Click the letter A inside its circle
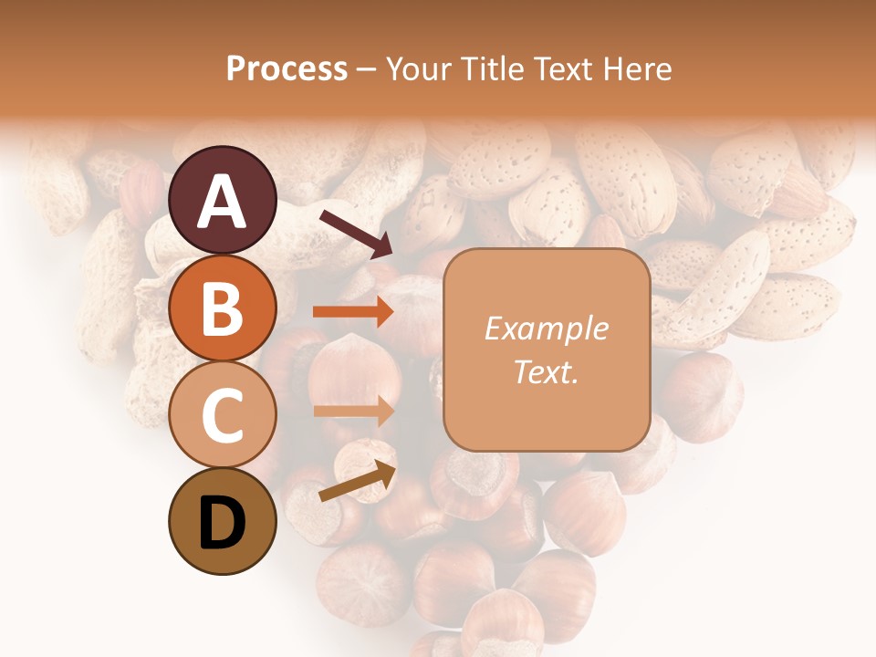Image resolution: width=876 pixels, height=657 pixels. tap(223, 202)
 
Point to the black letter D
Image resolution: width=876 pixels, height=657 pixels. tap(223, 524)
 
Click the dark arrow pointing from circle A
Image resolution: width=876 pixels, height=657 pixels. tap(355, 232)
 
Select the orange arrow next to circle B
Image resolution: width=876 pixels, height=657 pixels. tap(353, 312)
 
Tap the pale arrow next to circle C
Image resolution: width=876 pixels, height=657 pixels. tap(353, 412)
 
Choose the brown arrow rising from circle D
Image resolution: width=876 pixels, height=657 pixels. tap(357, 481)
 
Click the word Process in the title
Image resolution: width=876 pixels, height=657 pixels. tap(287, 68)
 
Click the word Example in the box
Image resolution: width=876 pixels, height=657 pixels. tap(547, 328)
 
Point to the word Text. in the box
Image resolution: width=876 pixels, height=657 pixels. tap(547, 371)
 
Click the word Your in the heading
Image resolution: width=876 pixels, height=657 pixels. tap(417, 68)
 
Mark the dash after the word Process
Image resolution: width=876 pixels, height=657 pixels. tap(366, 69)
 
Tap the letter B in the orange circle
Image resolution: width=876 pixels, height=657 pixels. tap(223, 309)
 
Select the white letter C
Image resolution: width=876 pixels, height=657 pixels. tap(223, 416)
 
